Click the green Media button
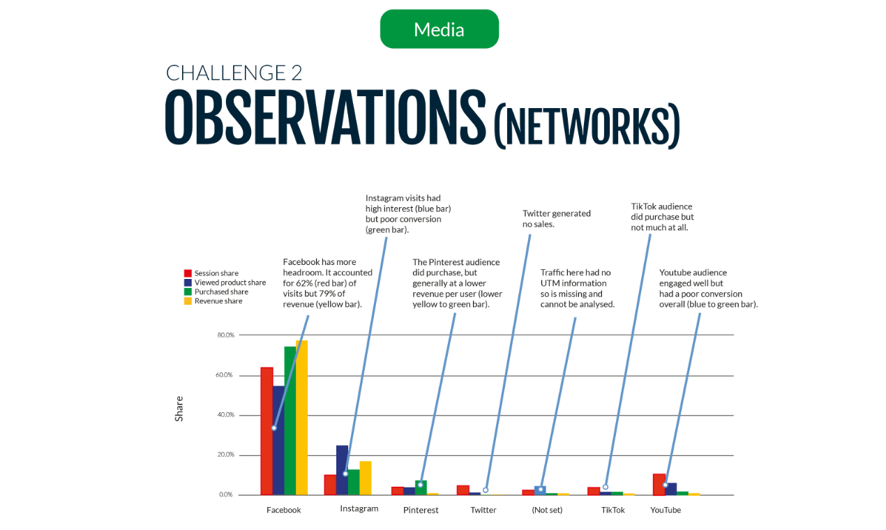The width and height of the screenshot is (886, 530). coord(439,29)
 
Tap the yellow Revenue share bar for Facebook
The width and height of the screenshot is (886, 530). coord(301,418)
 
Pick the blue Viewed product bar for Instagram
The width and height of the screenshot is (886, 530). coord(342,470)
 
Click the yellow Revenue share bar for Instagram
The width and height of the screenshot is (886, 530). coord(365,478)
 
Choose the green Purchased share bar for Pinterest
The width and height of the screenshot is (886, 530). coord(421,488)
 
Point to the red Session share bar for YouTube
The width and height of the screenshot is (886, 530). coord(659,485)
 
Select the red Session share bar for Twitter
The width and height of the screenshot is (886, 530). coord(463,490)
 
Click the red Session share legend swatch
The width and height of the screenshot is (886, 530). coord(188,273)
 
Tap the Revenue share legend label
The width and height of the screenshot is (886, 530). coord(218,301)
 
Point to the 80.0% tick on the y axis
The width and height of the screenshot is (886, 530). coord(225,335)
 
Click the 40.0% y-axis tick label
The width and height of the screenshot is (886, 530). coord(225,415)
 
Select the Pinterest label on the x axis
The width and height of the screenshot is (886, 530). coord(421,510)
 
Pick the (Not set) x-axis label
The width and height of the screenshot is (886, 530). coord(547,510)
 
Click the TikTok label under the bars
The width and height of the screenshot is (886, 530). coord(613,510)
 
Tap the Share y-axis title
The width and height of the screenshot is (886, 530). coord(179,409)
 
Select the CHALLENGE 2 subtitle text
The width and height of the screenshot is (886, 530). coord(234,73)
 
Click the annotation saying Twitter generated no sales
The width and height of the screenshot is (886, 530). coord(556,219)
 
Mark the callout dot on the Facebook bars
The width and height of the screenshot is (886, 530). coord(274,428)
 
